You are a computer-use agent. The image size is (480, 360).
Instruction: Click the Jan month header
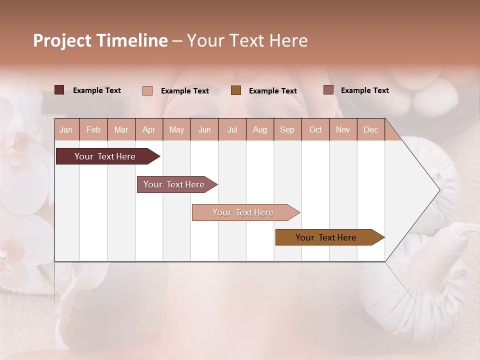point(66,129)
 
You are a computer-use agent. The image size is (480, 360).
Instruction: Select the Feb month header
point(93,129)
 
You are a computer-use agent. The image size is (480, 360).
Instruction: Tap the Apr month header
point(149,129)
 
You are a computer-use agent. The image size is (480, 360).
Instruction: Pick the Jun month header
point(204,129)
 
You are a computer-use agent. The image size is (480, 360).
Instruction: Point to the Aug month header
point(260,129)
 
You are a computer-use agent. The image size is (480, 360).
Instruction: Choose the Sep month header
point(287,129)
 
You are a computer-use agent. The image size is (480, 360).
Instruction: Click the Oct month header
point(315,129)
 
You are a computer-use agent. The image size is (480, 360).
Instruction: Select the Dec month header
point(371,129)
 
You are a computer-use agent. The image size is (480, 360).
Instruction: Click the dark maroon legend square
point(59,90)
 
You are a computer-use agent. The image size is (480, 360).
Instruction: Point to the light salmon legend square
point(147,90)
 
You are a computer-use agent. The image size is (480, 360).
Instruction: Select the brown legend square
point(236,90)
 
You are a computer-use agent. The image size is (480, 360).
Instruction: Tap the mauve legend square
point(328,90)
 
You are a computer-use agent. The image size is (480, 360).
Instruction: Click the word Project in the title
point(62,40)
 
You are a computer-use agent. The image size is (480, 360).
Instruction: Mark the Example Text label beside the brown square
point(273,91)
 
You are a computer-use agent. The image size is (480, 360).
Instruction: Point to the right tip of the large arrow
point(439,190)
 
